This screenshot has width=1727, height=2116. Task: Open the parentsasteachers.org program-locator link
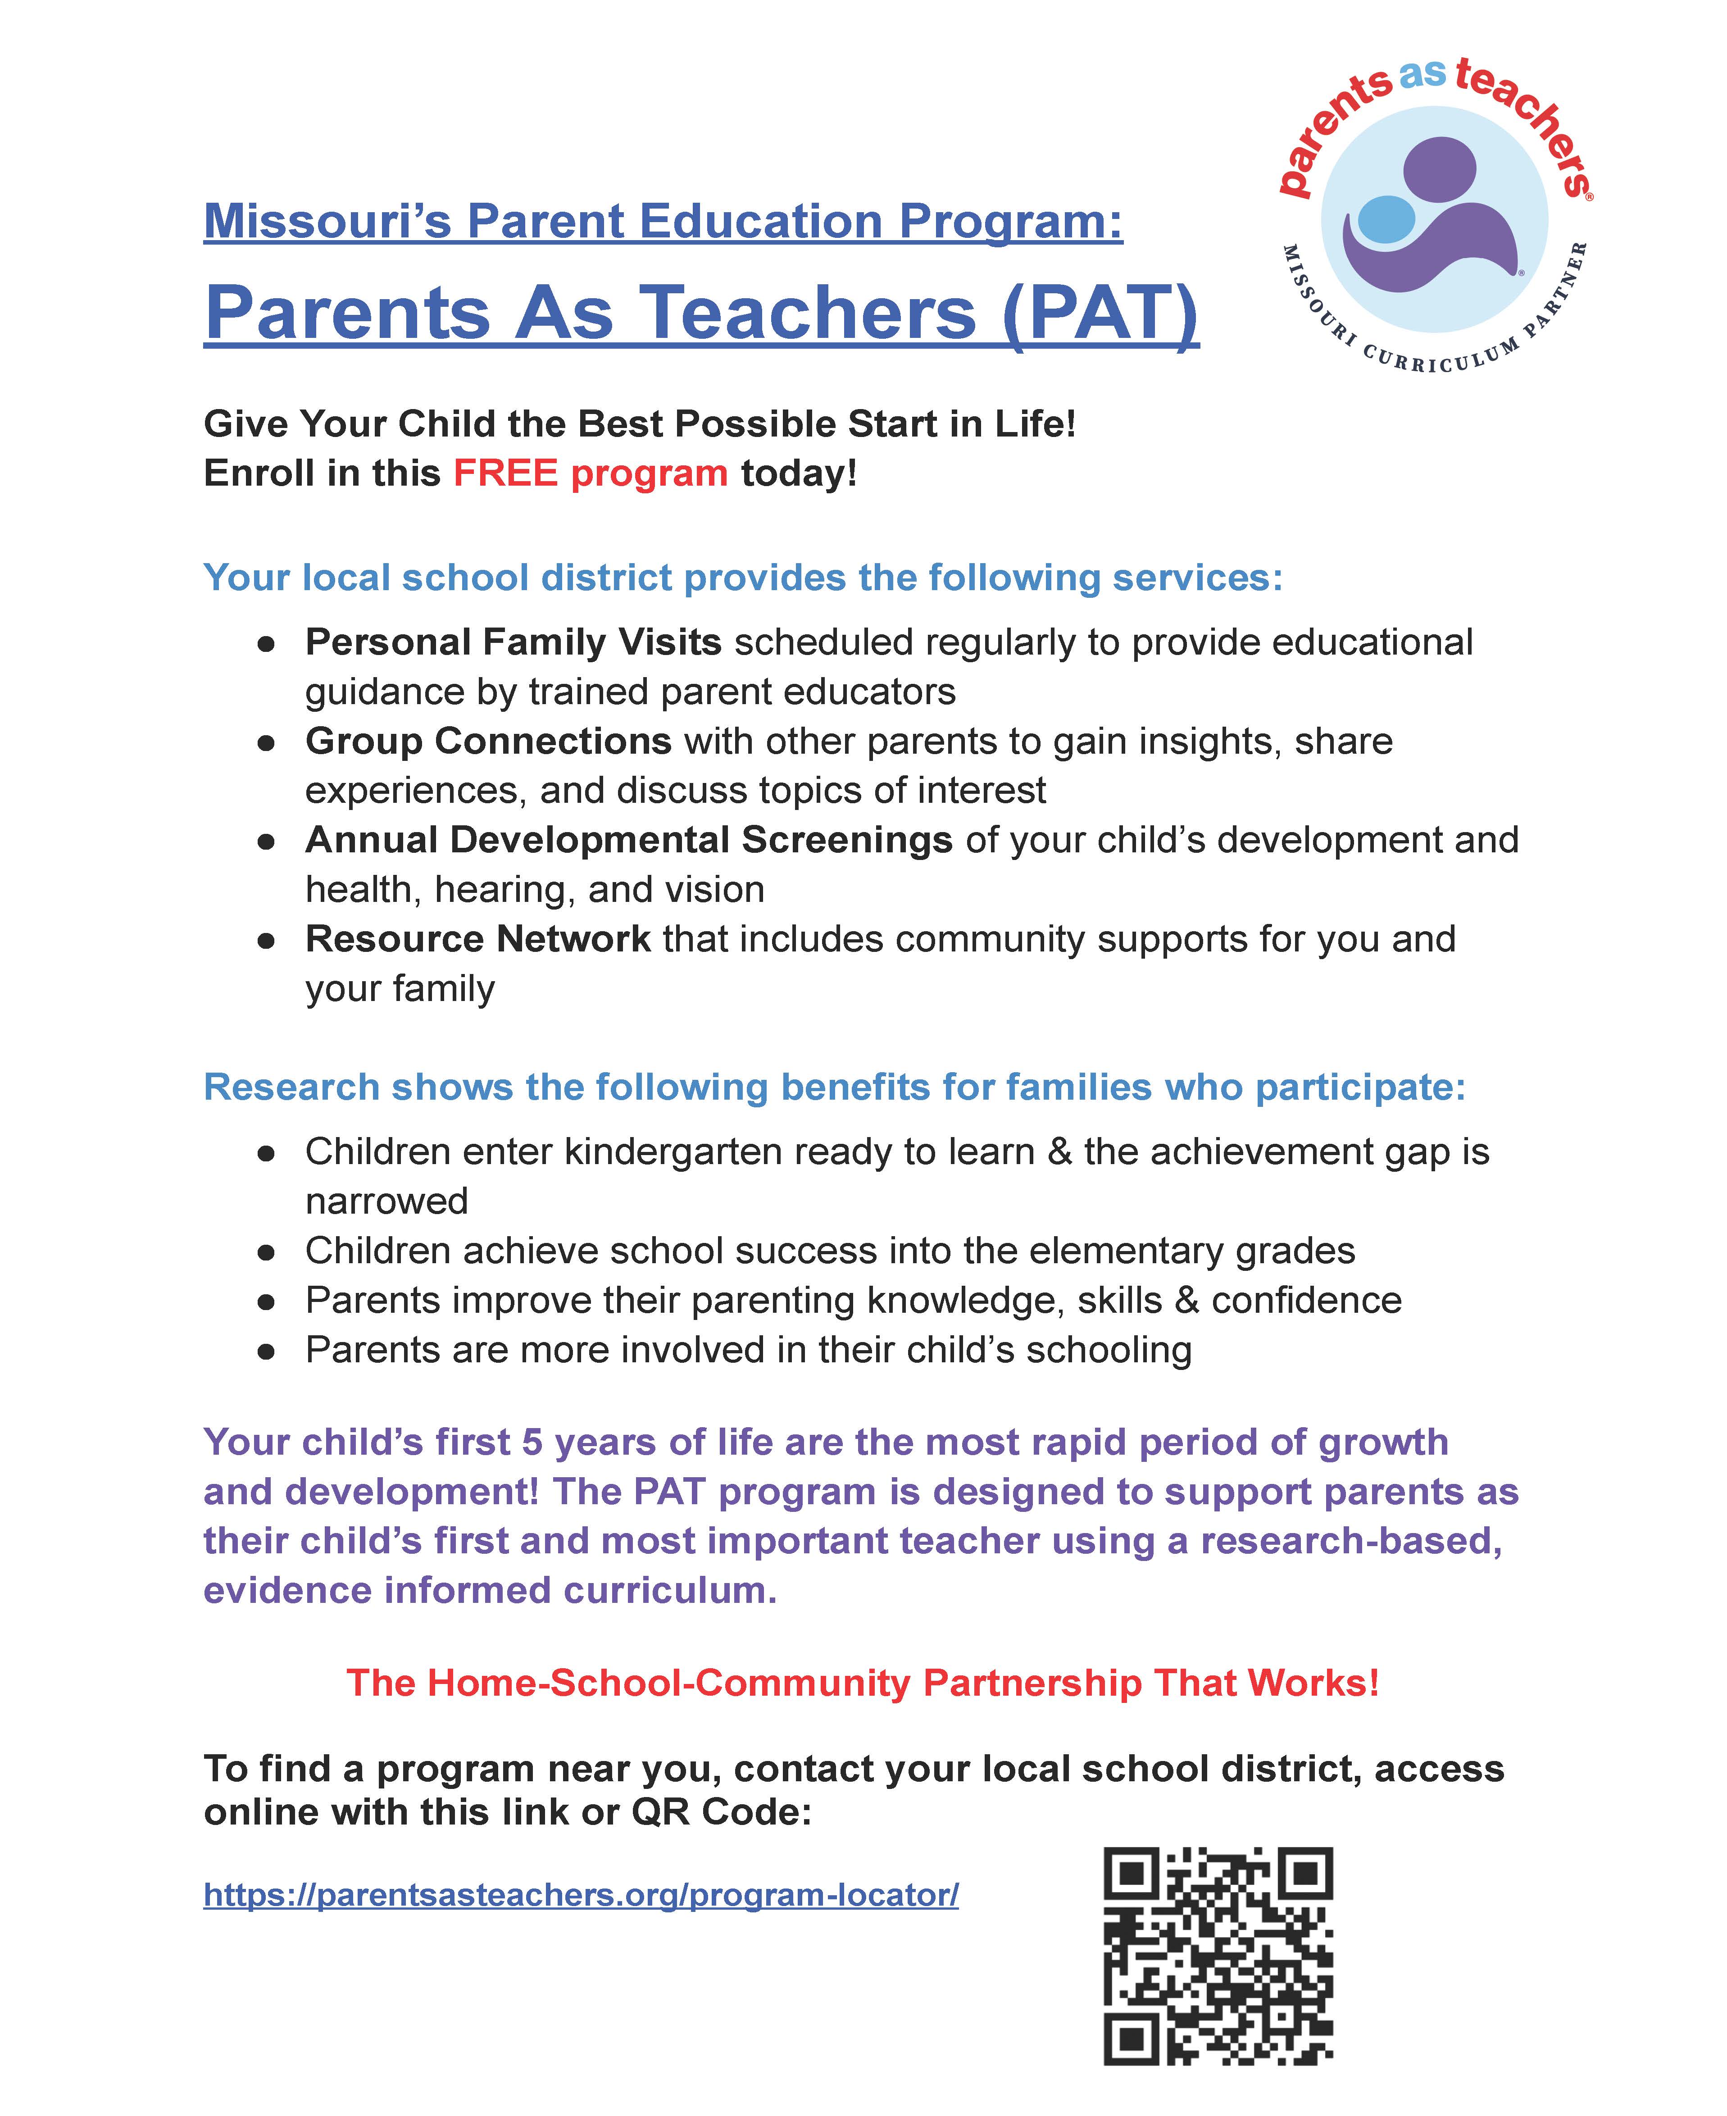point(581,1894)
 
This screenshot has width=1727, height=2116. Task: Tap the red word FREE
point(505,473)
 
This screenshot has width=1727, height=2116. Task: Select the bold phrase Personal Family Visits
point(514,643)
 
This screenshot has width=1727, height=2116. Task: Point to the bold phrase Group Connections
point(488,741)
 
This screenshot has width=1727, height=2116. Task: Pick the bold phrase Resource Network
point(477,939)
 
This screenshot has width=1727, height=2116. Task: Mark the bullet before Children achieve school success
point(266,1252)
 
